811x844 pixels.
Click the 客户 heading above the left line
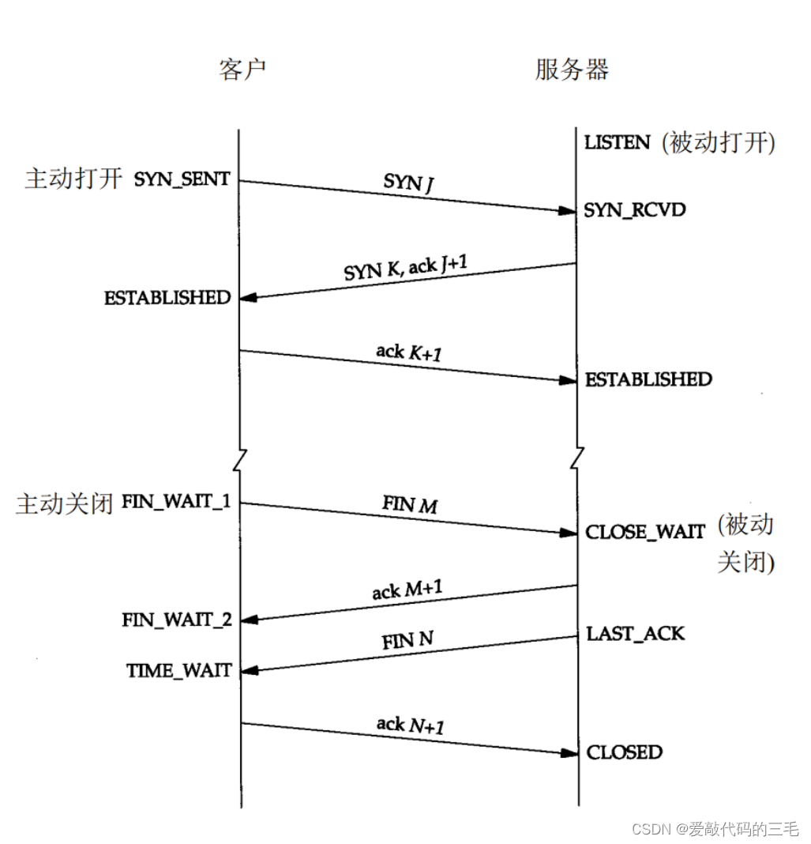point(242,70)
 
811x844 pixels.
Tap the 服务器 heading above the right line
point(572,70)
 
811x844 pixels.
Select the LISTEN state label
point(618,143)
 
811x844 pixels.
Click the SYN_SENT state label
point(182,179)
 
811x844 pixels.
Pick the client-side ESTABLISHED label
point(167,298)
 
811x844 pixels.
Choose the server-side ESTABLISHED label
point(648,379)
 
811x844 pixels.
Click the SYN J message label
point(408,183)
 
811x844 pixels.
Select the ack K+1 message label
point(408,352)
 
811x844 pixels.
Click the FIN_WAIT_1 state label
point(176,503)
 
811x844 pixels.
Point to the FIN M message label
point(410,504)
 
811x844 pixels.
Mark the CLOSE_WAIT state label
point(644,532)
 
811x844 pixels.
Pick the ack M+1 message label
point(407,590)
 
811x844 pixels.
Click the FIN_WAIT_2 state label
point(177,620)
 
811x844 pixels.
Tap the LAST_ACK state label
point(635,634)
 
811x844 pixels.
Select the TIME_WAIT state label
point(179,671)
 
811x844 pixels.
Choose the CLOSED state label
point(624,752)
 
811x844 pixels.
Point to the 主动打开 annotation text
point(73,179)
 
